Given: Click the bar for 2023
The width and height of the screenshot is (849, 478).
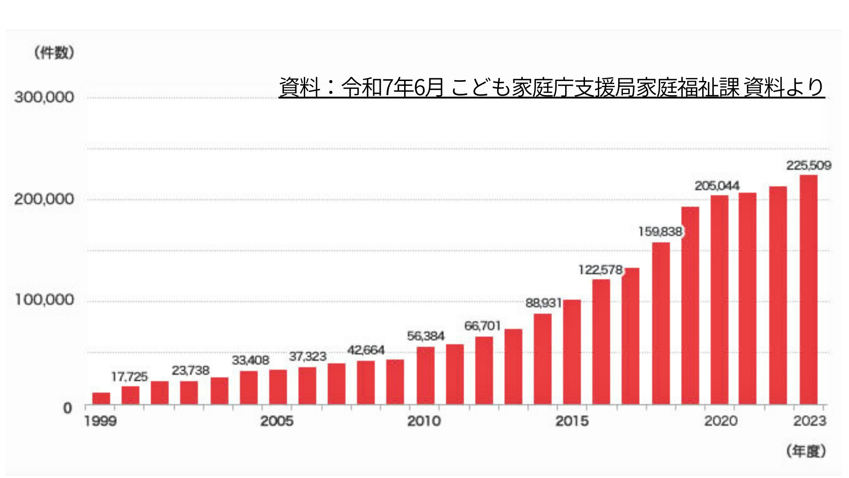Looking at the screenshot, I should [808, 289].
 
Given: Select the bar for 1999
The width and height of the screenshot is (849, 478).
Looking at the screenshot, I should [101, 398].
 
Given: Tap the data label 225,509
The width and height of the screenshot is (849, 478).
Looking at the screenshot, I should [808, 166].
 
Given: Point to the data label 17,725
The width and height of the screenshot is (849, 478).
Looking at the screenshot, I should [129, 377].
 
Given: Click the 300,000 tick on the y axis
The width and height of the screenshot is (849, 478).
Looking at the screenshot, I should [44, 97].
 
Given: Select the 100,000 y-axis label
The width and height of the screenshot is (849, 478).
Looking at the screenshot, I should [44, 300].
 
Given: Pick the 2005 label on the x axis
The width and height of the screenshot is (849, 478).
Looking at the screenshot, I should [277, 421].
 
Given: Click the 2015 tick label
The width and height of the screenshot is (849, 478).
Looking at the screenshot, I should [572, 421].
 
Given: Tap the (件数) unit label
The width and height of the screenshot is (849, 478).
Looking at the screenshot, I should [54, 53].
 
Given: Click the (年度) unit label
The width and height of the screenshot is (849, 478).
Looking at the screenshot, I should [806, 451].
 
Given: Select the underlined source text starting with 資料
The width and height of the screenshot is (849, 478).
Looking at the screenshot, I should [551, 87].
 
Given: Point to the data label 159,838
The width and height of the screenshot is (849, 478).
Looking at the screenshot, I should [660, 231].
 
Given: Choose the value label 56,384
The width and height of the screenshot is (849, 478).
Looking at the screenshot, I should [425, 336].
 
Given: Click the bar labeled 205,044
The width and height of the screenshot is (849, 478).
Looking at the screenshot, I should [719, 300].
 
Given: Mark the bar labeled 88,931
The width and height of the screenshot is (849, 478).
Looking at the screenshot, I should [543, 359].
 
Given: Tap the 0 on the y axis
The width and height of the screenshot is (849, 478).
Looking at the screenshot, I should [67, 408].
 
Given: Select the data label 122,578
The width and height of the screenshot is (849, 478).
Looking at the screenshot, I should [600, 270].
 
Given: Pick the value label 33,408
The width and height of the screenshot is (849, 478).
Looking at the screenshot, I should [250, 360].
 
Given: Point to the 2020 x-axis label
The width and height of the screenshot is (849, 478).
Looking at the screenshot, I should [721, 421].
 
